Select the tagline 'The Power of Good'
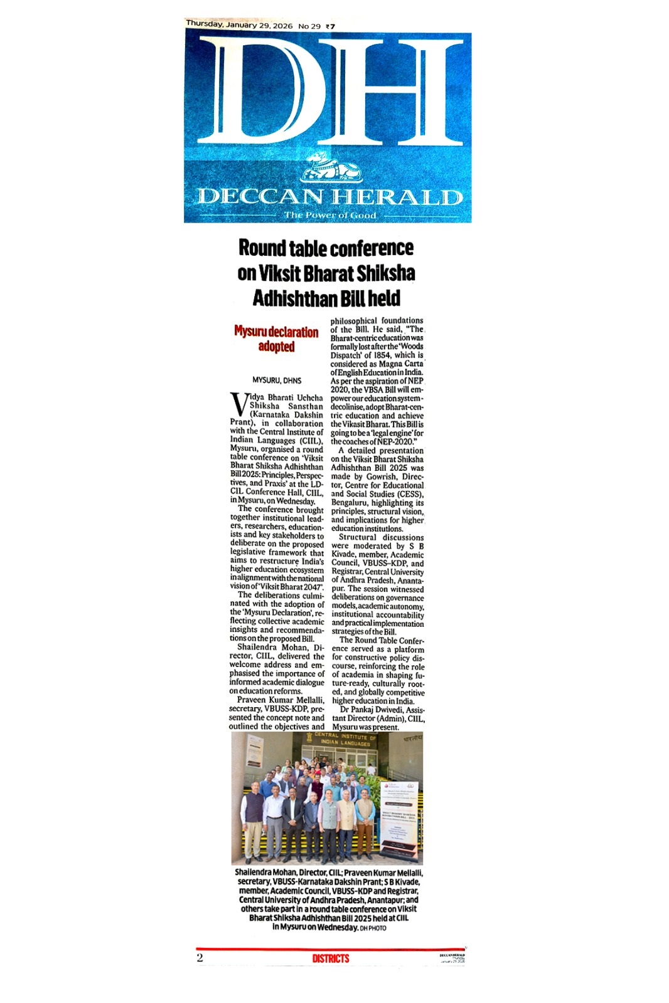pyautogui.click(x=330, y=215)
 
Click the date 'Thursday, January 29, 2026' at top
pyautogui.click(x=239, y=25)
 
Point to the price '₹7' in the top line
pyautogui.click(x=330, y=26)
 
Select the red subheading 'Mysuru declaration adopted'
pyautogui.click(x=276, y=339)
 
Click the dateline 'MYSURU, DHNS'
pyautogui.click(x=276, y=381)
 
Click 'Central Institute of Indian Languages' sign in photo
pyautogui.click(x=346, y=740)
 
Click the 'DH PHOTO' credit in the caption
pyautogui.click(x=373, y=928)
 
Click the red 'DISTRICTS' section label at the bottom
pyautogui.click(x=330, y=958)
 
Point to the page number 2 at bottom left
pyautogui.click(x=200, y=958)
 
